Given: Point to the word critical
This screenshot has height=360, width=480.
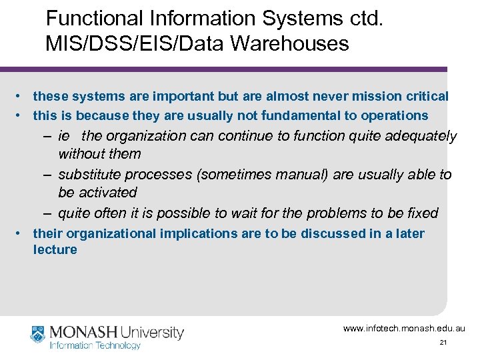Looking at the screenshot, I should (423, 97).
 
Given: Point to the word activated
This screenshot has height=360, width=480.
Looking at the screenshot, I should (107, 193).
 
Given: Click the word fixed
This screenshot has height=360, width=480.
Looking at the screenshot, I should (422, 213).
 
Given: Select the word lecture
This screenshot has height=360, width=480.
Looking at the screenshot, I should (55, 250).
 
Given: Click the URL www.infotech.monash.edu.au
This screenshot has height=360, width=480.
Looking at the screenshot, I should (404, 329).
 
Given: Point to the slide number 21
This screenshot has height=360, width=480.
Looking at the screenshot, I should (443, 342).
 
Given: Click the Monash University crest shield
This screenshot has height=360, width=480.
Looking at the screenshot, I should (38, 334).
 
